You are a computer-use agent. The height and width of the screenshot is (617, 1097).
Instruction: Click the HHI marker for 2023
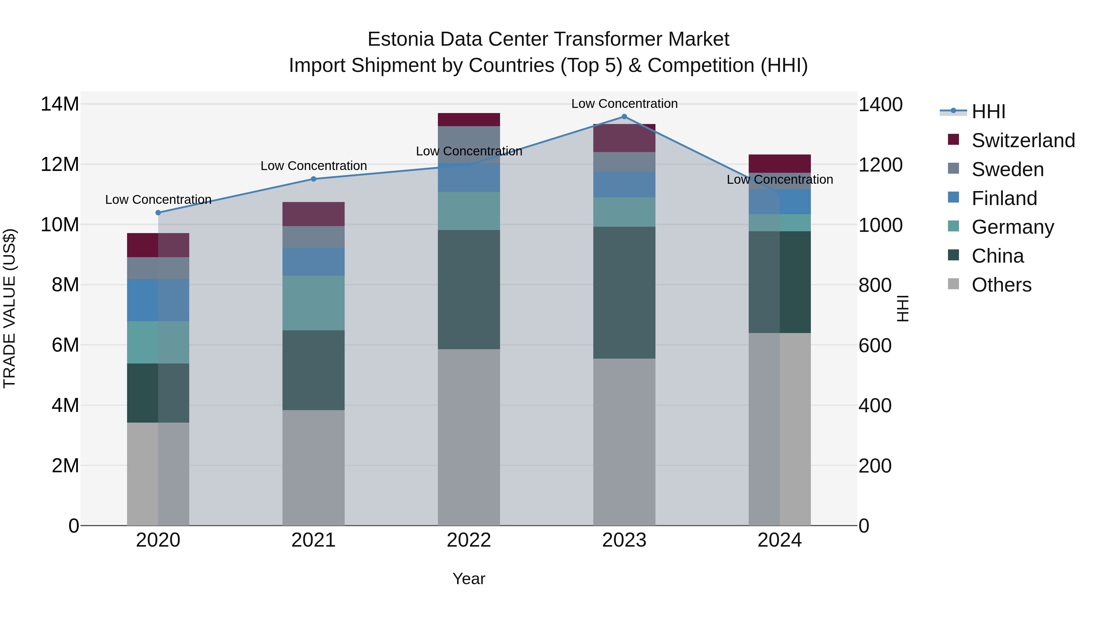[624, 116]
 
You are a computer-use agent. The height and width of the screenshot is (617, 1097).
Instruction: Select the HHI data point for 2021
[314, 179]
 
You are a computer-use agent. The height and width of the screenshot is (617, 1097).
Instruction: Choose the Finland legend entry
[1004, 198]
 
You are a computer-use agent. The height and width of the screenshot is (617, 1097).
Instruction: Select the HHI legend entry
[988, 111]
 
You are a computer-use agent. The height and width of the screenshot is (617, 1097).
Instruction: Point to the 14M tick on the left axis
[60, 104]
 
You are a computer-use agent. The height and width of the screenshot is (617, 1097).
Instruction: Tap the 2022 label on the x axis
[469, 540]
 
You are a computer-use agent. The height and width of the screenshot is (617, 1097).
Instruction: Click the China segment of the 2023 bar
[624, 292]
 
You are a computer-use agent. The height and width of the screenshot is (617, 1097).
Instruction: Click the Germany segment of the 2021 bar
[314, 303]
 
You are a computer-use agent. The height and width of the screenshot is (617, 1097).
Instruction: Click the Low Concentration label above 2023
[624, 104]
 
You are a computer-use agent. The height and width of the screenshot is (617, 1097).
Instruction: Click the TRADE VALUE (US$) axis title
[10, 308]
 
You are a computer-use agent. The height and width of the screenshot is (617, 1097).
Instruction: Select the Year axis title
[469, 579]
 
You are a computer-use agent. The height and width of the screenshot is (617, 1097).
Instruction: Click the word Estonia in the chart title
[400, 39]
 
